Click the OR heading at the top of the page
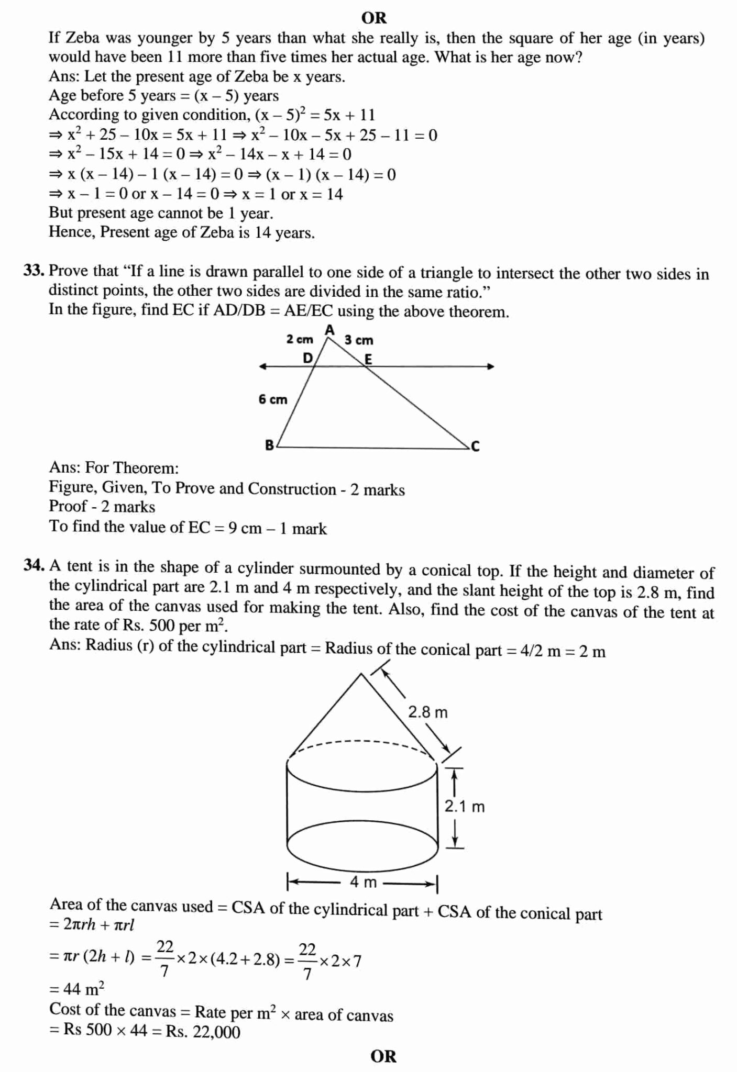coord(374,18)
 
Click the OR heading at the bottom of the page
coord(383,1056)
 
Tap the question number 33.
coord(34,271)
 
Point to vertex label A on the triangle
coord(329,330)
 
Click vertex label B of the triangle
coord(269,445)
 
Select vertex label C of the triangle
coord(475,446)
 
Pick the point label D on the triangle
coord(307,358)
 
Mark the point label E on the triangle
coord(368,359)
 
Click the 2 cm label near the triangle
coord(299,339)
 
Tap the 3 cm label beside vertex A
coord(359,340)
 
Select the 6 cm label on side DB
coord(273,399)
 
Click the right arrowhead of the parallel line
coord(491,366)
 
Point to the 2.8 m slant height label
coord(428,712)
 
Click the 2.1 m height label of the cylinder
coord(465,807)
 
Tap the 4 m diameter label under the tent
coord(363,883)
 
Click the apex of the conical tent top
coord(361,675)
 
